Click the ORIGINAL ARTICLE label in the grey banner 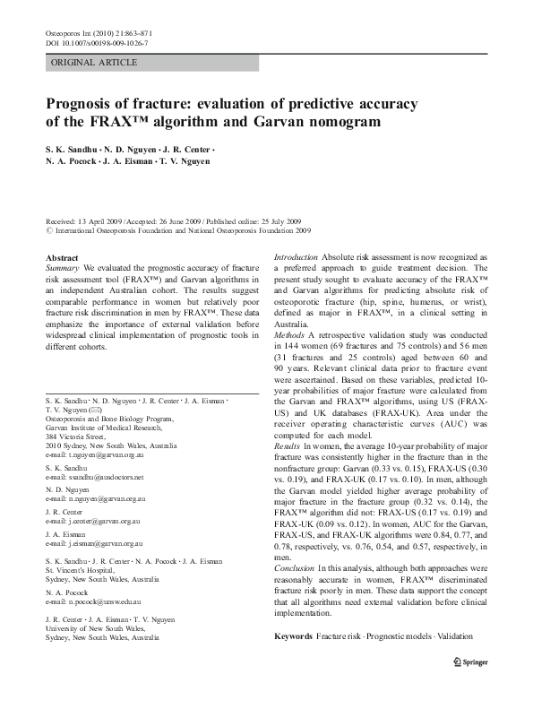pyautogui.click(x=95, y=63)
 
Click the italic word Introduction pyautogui.click(x=296, y=256)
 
